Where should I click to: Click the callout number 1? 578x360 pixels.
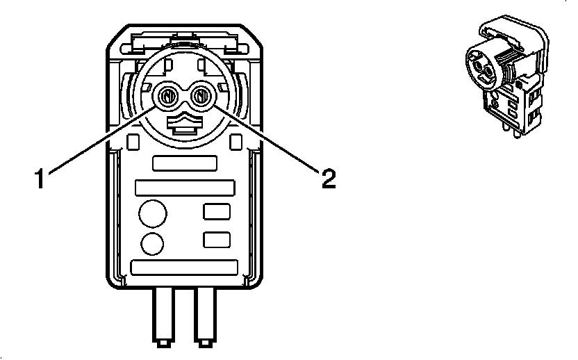(41, 179)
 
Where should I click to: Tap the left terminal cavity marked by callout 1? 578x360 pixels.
(167, 96)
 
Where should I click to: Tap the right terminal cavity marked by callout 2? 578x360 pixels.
(201, 96)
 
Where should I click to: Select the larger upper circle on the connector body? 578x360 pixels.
(152, 213)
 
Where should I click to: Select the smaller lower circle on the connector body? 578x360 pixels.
(152, 243)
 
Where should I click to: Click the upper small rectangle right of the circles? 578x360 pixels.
(216, 212)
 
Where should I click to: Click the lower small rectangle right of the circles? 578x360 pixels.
(216, 240)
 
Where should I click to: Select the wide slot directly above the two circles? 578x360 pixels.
(185, 188)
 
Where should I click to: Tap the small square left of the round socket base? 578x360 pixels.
(133, 142)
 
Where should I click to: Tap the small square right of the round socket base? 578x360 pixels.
(237, 142)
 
